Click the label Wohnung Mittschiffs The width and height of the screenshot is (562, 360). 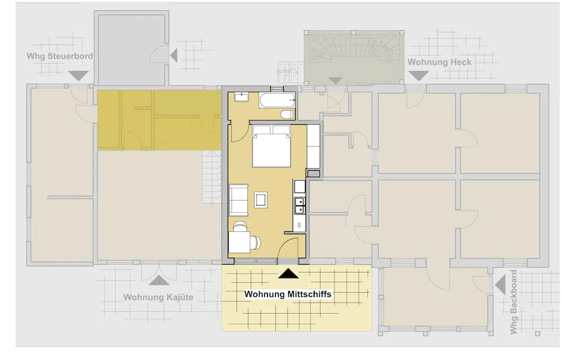pyautogui.click(x=288, y=294)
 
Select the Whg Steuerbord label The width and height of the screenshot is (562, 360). pyautogui.click(x=60, y=56)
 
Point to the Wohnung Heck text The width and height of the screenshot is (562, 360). pyautogui.click(x=439, y=62)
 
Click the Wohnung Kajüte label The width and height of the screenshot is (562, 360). pyautogui.click(x=158, y=297)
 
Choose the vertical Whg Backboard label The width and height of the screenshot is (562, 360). pyautogui.click(x=514, y=302)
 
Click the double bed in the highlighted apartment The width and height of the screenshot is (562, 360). pyautogui.click(x=271, y=146)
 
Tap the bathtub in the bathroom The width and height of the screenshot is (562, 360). pyautogui.click(x=278, y=101)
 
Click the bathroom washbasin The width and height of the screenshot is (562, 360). pyautogui.click(x=242, y=97)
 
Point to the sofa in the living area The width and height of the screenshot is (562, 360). pyautogui.click(x=239, y=200)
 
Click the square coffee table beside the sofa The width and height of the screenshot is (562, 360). pyautogui.click(x=261, y=200)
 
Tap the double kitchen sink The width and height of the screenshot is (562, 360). pyautogui.click(x=300, y=206)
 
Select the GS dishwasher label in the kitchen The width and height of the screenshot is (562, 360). pyautogui.click(x=300, y=225)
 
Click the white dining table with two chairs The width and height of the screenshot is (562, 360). pyautogui.click(x=239, y=242)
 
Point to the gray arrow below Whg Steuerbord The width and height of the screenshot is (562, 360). pyautogui.click(x=78, y=76)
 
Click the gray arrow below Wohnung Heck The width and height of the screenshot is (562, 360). pyautogui.click(x=419, y=76)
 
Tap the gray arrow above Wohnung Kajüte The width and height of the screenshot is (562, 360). pyautogui.click(x=159, y=280)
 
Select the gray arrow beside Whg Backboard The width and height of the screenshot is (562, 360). pyautogui.click(x=500, y=285)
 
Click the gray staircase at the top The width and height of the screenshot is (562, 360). pyautogui.click(x=353, y=58)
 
